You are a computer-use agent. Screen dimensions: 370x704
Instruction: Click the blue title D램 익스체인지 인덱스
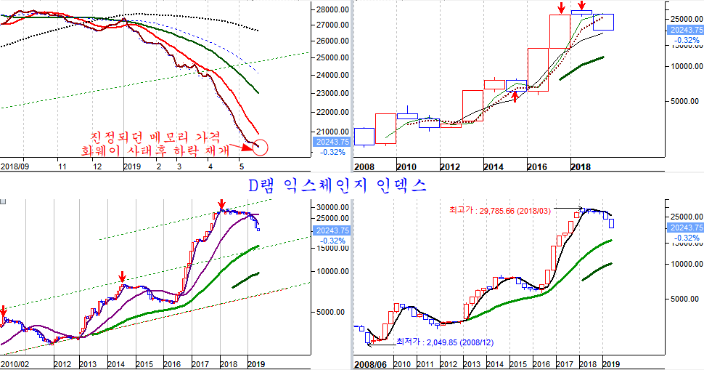[x=337, y=185]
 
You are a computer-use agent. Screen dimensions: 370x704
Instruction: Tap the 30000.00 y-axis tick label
[x=332, y=206]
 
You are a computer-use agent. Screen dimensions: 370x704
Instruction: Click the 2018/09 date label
[x=15, y=166]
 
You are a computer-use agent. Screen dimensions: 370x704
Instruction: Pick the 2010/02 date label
[x=15, y=363]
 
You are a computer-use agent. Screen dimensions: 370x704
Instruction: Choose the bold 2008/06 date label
[x=369, y=363]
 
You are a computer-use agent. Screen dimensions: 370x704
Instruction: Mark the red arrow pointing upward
[x=515, y=96]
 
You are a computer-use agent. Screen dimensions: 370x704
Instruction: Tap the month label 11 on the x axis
[x=63, y=166]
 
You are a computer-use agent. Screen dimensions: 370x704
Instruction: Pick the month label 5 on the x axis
[x=240, y=166]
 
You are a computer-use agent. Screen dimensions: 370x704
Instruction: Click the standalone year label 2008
[x=364, y=166]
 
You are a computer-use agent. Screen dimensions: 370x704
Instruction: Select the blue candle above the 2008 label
[x=364, y=136]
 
